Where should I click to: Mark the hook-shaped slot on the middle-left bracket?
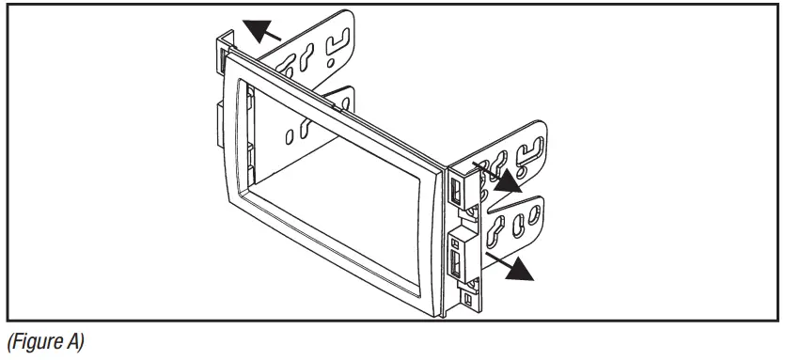[339, 102]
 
